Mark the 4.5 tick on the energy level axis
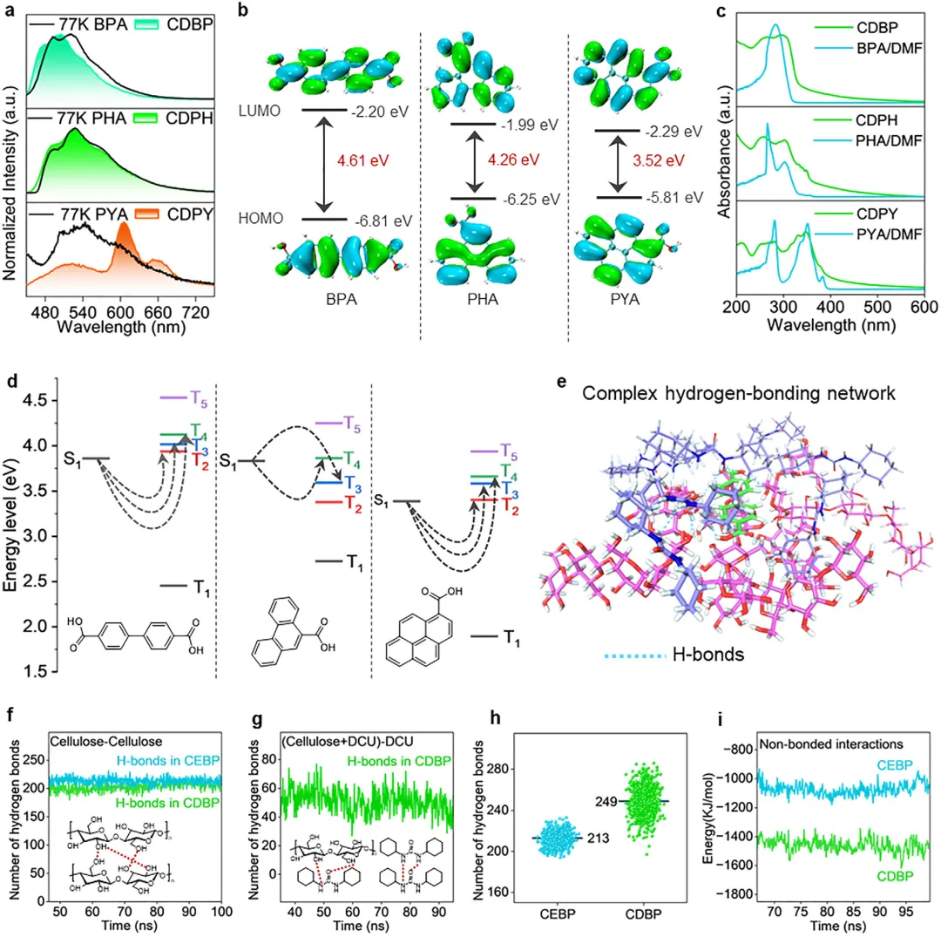click(35, 400)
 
